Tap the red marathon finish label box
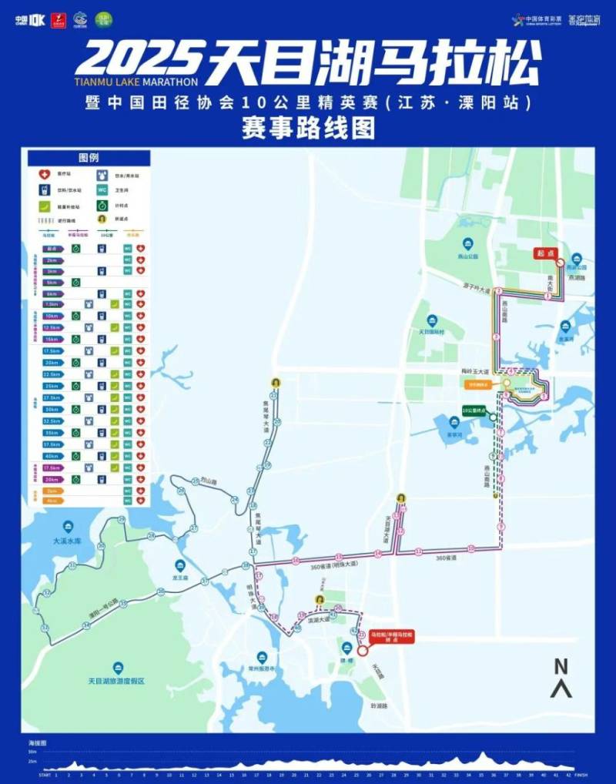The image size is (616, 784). (392, 636)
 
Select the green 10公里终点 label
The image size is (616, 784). (478, 410)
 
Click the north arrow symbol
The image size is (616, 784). (561, 678)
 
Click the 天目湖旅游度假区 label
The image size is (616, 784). (117, 681)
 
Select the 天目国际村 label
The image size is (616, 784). (432, 332)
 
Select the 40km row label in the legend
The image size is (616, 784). (52, 455)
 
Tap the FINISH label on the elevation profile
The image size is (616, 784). (581, 776)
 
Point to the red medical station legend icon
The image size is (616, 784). (43, 174)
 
